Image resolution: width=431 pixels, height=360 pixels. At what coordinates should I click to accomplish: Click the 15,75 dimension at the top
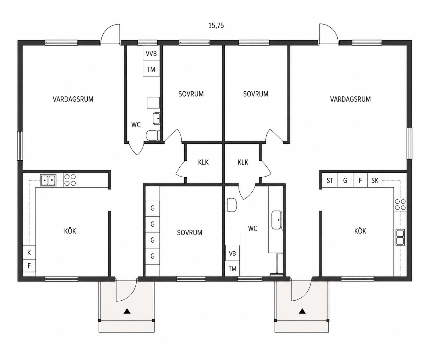click(x=216, y=26)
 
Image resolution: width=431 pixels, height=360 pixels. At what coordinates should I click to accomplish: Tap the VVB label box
click(x=151, y=53)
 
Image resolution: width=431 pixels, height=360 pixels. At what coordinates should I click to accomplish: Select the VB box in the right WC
click(x=232, y=253)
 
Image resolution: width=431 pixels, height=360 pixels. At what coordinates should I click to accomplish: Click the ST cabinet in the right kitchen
click(x=330, y=180)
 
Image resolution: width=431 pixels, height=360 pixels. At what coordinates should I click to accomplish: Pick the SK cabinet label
click(x=375, y=180)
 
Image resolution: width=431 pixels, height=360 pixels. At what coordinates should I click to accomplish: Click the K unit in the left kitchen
click(x=29, y=252)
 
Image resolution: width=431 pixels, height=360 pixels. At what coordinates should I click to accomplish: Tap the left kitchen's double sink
click(x=48, y=180)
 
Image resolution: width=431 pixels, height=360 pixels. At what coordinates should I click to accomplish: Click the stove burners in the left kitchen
click(x=70, y=180)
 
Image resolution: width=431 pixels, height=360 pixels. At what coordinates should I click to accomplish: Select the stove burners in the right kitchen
click(x=400, y=204)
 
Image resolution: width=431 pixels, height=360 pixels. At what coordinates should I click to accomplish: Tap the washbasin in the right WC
click(x=277, y=220)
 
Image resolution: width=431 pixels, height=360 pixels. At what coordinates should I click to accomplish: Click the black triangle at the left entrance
click(x=127, y=311)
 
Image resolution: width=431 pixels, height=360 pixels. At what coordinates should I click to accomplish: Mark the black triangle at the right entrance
click(x=302, y=311)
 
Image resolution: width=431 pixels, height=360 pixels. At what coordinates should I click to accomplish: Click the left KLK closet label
click(x=203, y=162)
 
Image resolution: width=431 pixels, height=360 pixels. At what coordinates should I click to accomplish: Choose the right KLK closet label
click(x=243, y=162)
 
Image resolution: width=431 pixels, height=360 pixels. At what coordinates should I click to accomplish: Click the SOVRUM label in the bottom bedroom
click(x=189, y=233)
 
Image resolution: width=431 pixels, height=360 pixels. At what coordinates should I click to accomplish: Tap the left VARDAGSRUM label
click(x=73, y=99)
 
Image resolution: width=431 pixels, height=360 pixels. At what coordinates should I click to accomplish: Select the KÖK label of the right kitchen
click(x=360, y=231)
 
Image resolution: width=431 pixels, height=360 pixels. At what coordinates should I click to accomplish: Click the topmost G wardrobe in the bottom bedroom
click(x=153, y=208)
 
